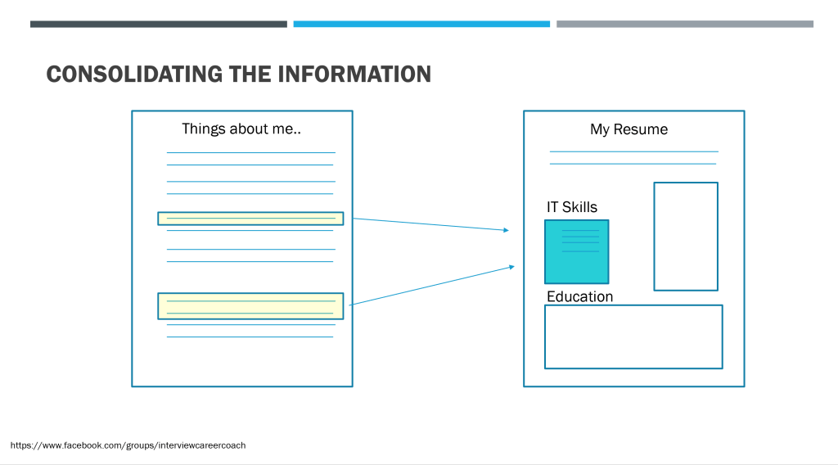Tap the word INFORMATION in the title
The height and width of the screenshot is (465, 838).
(354, 74)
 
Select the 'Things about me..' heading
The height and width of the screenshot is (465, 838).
(241, 129)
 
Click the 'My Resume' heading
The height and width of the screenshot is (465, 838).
(629, 129)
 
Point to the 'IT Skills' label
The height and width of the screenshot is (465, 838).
(572, 207)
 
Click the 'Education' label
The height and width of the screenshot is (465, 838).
(580, 296)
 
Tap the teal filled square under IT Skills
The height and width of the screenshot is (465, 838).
(577, 252)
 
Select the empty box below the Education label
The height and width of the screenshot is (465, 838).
(634, 305)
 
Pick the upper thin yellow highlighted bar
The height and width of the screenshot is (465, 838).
(250, 219)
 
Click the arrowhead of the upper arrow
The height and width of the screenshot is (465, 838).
(506, 230)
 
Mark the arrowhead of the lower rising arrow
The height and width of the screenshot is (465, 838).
(512, 267)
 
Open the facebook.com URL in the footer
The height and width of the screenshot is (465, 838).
(128, 445)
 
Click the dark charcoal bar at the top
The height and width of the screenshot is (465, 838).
(159, 24)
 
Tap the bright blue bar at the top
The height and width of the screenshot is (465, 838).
(421, 24)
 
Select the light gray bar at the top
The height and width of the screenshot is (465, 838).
(685, 24)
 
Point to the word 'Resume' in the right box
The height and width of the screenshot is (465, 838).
(641, 129)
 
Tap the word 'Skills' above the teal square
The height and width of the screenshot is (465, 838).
(579, 207)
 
